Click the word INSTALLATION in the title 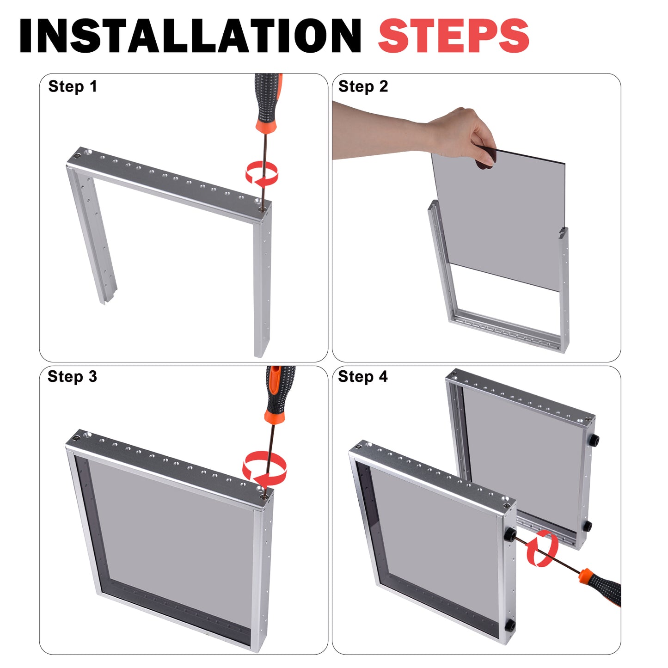click(x=190, y=36)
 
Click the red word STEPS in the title click(x=454, y=36)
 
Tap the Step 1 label click(x=73, y=86)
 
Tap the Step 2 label click(x=363, y=86)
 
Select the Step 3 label click(x=73, y=377)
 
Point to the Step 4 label click(x=362, y=377)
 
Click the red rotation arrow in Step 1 click(x=262, y=172)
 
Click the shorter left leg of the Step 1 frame click(x=92, y=232)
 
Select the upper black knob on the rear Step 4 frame click(x=594, y=440)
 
